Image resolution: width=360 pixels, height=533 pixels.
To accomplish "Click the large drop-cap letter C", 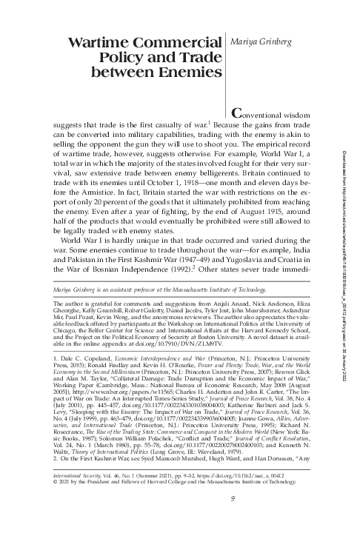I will pos(238,114).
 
